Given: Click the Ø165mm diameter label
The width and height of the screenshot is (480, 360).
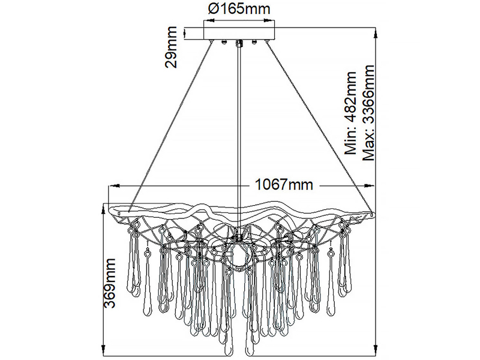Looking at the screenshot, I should pyautogui.click(x=239, y=10).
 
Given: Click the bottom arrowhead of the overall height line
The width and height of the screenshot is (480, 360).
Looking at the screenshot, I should pyautogui.click(x=376, y=350).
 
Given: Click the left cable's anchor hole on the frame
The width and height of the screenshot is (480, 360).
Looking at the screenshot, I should pyautogui.click(x=127, y=211).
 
